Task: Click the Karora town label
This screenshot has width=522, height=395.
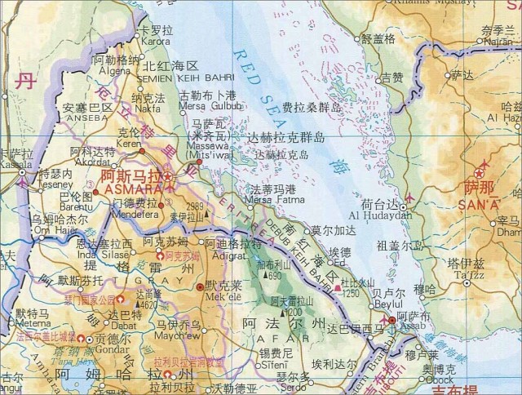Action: coord(155,40)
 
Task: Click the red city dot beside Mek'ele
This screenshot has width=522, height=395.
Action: coord(201,288)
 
